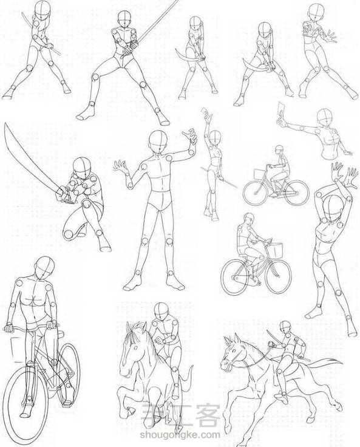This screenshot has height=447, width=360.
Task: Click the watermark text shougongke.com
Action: tap(180, 435)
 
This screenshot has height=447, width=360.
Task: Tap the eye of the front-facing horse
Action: tap(135, 348)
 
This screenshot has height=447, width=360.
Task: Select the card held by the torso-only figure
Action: tap(282, 111)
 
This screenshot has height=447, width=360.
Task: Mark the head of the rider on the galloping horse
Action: tap(285, 326)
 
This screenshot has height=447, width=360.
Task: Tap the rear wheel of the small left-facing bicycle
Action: tap(297, 193)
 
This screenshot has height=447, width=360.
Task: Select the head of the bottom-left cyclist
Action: tap(44, 268)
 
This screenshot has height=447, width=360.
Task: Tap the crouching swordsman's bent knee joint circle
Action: tap(68, 234)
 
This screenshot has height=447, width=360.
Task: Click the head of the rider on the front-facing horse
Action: tap(161, 312)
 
